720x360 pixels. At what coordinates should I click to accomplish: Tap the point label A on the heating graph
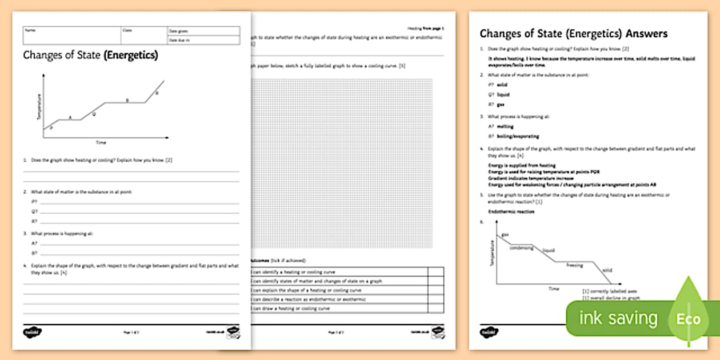pos(70,118)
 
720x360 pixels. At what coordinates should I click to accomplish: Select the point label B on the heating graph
pos(127,101)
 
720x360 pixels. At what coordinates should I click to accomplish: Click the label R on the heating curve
pos(157,93)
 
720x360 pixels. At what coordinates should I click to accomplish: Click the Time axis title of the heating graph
pos(101,142)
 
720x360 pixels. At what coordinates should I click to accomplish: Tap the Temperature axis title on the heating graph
pos(39,107)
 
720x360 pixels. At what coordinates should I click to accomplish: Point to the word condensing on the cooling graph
pos(521,248)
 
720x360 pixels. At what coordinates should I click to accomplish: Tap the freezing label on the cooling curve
pos(574,265)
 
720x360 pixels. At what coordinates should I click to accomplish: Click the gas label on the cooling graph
pos(505,235)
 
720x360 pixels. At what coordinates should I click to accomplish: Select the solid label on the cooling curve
pos(607,270)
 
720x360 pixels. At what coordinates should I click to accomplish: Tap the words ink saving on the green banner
pos(618,318)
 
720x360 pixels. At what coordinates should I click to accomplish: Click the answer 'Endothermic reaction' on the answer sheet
pos(511,211)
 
